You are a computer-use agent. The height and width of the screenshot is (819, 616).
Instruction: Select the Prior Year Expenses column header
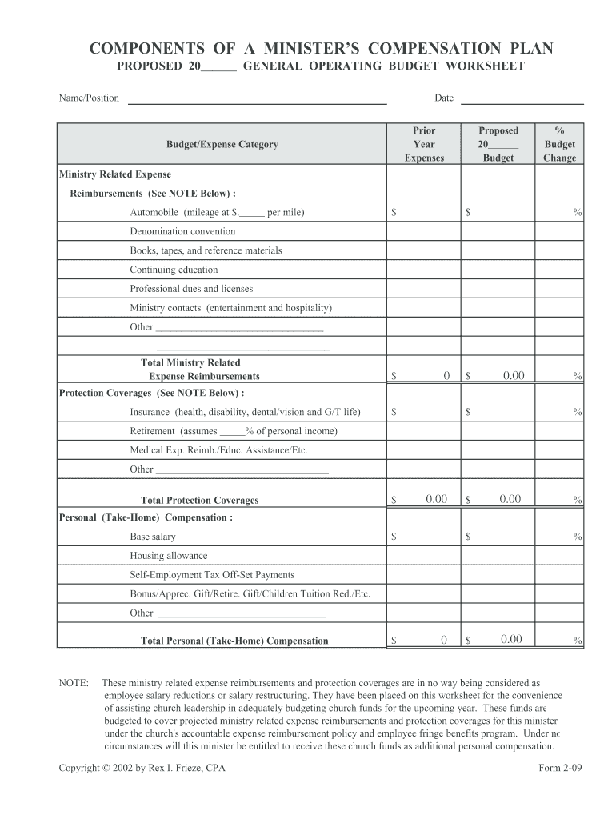(424, 144)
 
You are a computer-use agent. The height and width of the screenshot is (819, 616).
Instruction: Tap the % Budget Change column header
(559, 144)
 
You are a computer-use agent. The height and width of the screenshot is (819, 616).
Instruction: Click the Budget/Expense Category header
(222, 145)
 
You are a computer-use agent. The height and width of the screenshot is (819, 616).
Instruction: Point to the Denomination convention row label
(182, 231)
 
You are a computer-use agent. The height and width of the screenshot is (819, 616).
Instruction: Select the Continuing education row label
(174, 270)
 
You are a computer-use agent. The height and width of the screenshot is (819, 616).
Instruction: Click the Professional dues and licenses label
(191, 289)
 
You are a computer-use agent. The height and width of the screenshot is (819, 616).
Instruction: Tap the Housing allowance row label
(168, 556)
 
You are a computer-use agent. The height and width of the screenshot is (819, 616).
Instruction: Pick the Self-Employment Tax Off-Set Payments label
(212, 575)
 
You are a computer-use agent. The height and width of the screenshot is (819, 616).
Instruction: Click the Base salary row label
(153, 537)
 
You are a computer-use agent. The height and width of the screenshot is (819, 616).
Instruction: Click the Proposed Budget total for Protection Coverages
(510, 500)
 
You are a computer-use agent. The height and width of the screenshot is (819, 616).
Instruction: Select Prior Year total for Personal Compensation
(443, 640)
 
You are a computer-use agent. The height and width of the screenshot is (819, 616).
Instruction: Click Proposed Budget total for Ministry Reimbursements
(513, 375)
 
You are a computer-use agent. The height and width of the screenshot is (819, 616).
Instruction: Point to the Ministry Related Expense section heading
(115, 174)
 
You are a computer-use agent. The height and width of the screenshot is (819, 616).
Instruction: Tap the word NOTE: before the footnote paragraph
(74, 684)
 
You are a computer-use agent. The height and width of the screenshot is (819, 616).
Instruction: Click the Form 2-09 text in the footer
(562, 769)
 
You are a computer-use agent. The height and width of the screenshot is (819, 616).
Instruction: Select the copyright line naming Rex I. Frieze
(142, 769)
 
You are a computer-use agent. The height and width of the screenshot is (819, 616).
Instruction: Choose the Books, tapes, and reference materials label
(206, 250)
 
